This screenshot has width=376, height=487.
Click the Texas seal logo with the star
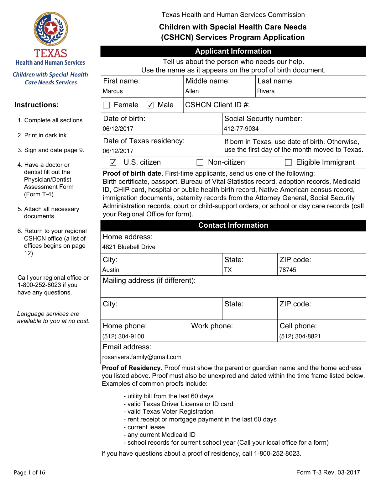click(51, 29)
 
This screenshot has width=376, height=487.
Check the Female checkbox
click(107, 105)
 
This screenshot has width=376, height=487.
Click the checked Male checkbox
click(150, 105)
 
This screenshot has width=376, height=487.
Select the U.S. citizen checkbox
click(113, 162)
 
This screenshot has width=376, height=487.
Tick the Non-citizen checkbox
click(200, 162)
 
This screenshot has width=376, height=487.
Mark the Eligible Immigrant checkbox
click(288, 162)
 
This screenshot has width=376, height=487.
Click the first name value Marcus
click(113, 91)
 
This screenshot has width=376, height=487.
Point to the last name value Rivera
click(266, 91)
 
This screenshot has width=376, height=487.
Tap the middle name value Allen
click(192, 91)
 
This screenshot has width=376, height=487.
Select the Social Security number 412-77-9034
click(241, 129)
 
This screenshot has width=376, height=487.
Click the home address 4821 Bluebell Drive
click(129, 247)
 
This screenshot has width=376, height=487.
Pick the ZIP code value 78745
click(288, 270)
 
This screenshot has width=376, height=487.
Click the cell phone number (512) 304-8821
click(300, 336)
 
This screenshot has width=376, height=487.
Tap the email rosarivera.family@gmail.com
click(142, 357)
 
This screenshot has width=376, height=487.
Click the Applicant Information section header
click(233, 51)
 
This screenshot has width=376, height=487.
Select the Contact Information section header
click(233, 225)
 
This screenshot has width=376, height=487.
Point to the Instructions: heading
click(36, 105)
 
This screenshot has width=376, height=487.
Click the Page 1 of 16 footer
click(29, 473)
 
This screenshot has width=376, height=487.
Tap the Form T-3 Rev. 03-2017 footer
click(328, 473)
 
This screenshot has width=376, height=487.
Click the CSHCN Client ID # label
click(217, 105)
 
